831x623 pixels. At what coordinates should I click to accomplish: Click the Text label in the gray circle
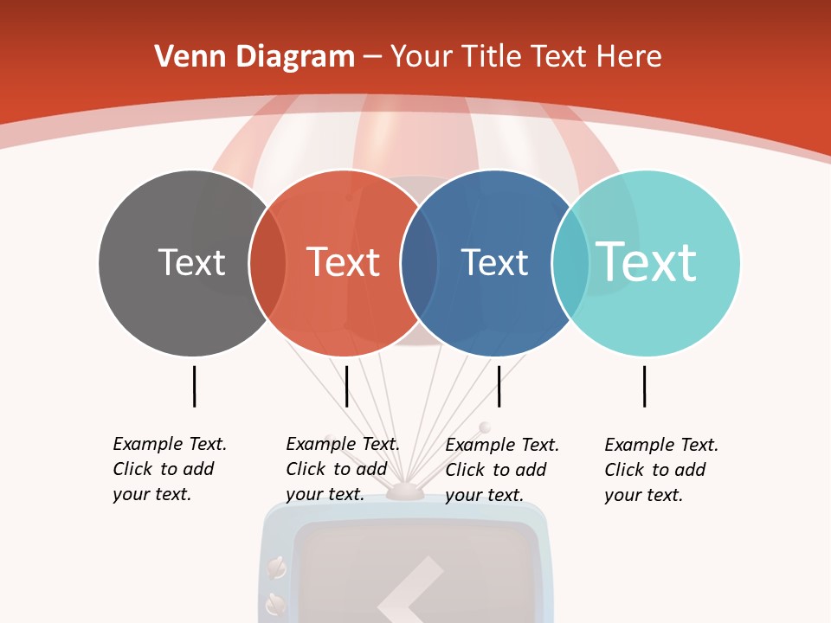(x=191, y=262)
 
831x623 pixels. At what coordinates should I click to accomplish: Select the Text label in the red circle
(x=343, y=262)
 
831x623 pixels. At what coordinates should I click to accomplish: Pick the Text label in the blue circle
(x=494, y=262)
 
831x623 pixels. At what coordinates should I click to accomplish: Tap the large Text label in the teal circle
(x=646, y=261)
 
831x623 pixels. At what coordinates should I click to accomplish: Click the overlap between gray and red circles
(x=267, y=263)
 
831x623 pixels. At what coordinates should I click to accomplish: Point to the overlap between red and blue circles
(x=419, y=263)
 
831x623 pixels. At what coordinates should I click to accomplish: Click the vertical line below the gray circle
(x=194, y=386)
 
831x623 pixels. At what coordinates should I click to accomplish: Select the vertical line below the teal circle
(x=644, y=386)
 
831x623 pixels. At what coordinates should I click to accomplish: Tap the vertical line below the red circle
(x=346, y=386)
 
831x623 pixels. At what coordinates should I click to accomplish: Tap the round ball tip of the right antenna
(x=484, y=427)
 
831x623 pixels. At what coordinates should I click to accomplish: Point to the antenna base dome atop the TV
(x=404, y=492)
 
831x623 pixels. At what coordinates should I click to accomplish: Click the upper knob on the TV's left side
(x=277, y=568)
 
